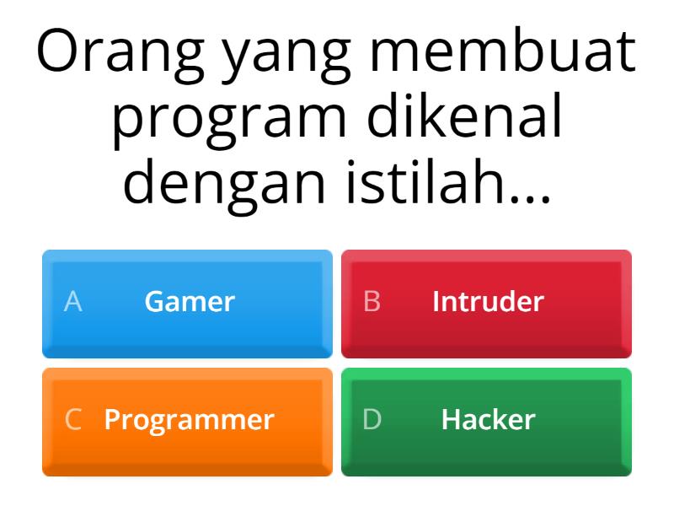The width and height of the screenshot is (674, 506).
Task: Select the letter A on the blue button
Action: (x=73, y=302)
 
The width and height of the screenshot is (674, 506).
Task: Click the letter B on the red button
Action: (x=372, y=302)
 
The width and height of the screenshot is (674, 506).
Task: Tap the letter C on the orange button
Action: (x=73, y=420)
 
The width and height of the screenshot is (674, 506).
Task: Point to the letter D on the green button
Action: (x=372, y=420)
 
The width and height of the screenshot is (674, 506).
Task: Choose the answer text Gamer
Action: (x=190, y=302)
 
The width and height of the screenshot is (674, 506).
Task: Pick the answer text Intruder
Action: (x=488, y=302)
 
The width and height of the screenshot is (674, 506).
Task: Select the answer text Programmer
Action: (x=190, y=420)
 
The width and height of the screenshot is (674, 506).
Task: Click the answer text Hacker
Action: (x=488, y=420)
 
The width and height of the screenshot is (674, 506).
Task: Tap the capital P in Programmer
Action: (x=111, y=420)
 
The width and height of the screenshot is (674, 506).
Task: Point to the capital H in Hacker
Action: (x=450, y=420)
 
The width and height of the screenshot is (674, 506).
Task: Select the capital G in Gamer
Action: (x=153, y=302)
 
